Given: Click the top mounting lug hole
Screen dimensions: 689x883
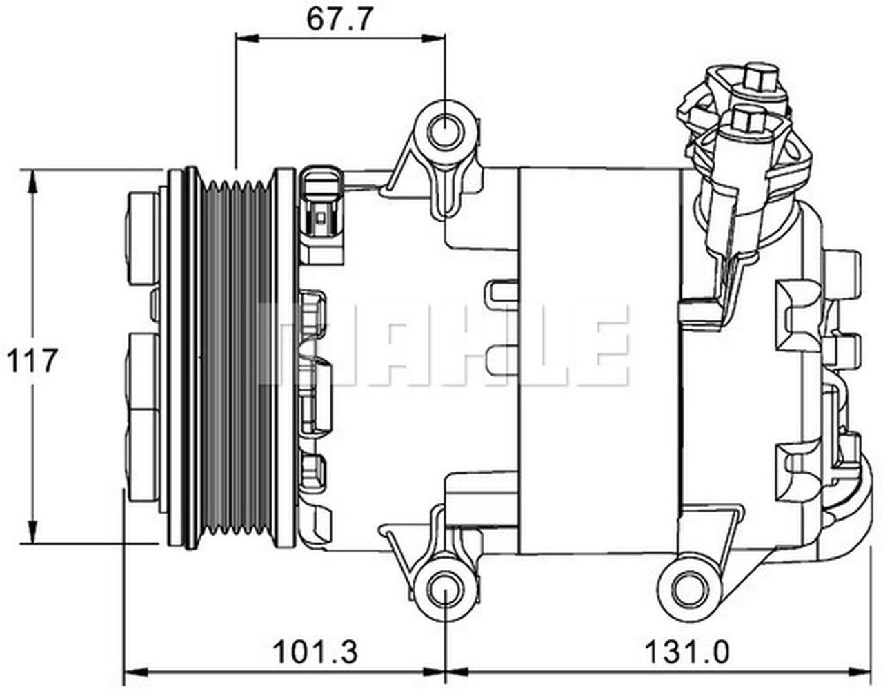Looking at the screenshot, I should click(446, 131).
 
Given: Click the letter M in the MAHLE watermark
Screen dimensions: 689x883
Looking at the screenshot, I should click(304, 343).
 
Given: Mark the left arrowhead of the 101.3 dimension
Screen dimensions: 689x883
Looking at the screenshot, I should click(135, 672).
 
